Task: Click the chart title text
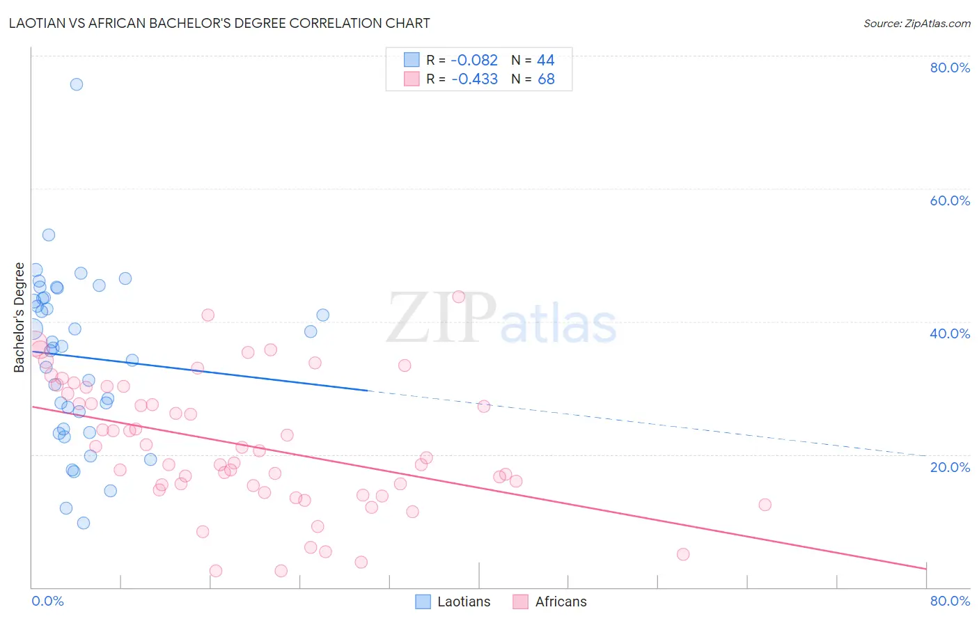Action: click(219, 23)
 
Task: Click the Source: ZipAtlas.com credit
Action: click(916, 23)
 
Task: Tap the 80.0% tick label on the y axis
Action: click(950, 68)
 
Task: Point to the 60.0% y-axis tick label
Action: click(950, 201)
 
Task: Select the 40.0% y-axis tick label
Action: click(950, 333)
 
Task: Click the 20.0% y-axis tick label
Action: click(950, 467)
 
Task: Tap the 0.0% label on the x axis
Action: click(47, 601)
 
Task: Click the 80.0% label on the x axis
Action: click(950, 601)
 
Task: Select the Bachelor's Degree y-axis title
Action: click(19, 317)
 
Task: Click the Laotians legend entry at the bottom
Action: click(463, 602)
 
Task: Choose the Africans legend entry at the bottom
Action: click(561, 602)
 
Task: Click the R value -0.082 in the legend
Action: click(474, 61)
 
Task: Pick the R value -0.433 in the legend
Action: click(474, 79)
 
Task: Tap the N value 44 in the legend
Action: click(546, 61)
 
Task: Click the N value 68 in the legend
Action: click(546, 79)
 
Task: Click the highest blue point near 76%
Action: click(77, 84)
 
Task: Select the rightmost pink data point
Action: click(765, 505)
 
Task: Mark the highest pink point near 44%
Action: click(458, 297)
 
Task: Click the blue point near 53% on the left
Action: click(49, 235)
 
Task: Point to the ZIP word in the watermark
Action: click(441, 319)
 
